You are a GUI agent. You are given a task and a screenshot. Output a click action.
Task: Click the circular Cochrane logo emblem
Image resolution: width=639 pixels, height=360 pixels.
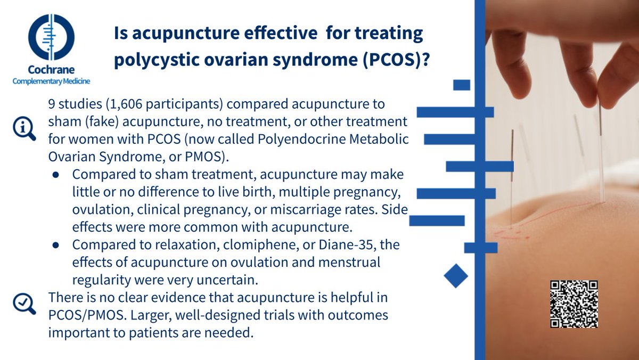pyautogui.click(x=51, y=37)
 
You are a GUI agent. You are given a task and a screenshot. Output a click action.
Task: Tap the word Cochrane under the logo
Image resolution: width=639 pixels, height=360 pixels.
pyautogui.click(x=51, y=69)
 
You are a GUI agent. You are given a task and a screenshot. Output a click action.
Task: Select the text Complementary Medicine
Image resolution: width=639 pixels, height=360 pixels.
pyautogui.click(x=51, y=81)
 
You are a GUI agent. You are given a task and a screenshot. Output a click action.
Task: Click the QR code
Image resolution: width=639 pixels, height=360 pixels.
pyautogui.click(x=574, y=304)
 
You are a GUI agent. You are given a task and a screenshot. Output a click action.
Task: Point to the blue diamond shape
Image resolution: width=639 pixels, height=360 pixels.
pyautogui.click(x=456, y=275)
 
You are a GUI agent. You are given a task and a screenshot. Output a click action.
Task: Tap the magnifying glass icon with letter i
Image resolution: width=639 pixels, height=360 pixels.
pyautogui.click(x=24, y=128)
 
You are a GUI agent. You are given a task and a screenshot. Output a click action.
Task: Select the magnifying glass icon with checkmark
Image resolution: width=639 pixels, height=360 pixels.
pyautogui.click(x=24, y=304)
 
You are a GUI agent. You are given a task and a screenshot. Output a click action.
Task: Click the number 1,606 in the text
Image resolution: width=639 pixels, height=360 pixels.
pyautogui.click(x=124, y=104)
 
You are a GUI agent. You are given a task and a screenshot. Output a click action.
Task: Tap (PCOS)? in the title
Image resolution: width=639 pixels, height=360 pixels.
pyautogui.click(x=396, y=60)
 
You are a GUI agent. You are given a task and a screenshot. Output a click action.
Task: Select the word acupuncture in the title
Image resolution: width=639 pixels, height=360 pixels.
pyautogui.click(x=186, y=34)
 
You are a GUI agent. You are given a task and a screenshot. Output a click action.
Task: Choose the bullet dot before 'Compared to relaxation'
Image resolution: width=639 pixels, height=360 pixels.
pyautogui.click(x=55, y=245)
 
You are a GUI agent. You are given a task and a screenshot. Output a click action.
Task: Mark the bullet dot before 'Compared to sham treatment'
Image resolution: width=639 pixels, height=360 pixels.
pyautogui.click(x=55, y=175)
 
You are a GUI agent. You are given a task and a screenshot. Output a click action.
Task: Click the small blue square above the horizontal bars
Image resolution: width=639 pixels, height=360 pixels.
pyautogui.click(x=462, y=85)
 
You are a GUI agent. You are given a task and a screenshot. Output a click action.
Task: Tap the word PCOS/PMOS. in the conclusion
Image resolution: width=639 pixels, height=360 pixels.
pyautogui.click(x=87, y=315)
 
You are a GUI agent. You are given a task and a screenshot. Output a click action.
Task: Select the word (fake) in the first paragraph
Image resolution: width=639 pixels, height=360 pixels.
pyautogui.click(x=102, y=122)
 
